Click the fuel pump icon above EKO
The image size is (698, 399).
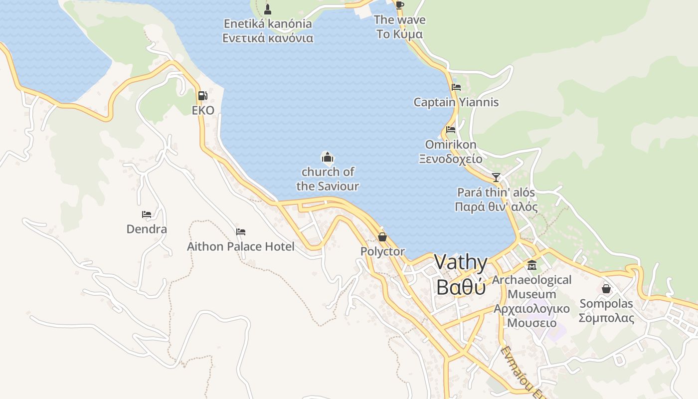(202, 95)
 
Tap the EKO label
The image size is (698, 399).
(203, 110)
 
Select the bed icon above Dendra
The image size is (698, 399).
(147, 214)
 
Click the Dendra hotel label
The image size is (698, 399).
(147, 229)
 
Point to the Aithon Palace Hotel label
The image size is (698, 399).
(240, 246)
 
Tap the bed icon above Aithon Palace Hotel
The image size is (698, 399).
(241, 231)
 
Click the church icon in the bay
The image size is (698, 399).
(328, 158)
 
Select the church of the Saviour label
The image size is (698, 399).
(328, 179)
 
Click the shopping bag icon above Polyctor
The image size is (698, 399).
(382, 236)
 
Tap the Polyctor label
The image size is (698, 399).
(382, 251)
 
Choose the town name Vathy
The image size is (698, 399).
(461, 262)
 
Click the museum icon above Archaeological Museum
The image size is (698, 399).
(532, 265)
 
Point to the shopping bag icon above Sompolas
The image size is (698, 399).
(606, 289)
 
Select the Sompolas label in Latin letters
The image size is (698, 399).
(606, 303)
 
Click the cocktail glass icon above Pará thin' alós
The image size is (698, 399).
(496, 177)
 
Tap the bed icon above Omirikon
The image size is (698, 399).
(451, 130)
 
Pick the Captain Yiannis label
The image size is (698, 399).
(456, 102)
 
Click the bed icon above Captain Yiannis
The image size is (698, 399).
(456, 87)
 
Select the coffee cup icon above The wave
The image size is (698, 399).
(399, 5)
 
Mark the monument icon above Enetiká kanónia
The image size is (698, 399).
(268, 8)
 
